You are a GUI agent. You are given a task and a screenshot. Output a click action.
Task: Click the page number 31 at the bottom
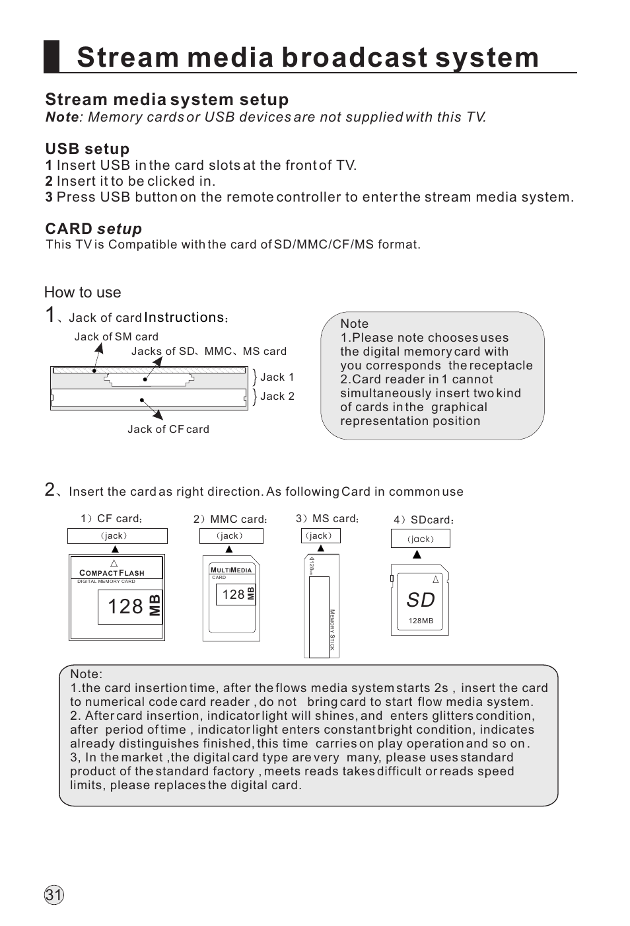click(x=53, y=896)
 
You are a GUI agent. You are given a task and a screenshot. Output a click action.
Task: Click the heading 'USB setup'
click(x=87, y=149)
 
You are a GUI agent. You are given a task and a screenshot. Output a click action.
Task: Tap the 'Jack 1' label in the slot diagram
click(x=277, y=377)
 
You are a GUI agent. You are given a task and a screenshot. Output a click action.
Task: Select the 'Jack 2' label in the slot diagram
click(x=277, y=396)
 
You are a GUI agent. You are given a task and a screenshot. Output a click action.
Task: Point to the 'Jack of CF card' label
click(x=168, y=429)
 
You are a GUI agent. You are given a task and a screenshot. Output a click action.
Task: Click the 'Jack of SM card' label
click(x=116, y=336)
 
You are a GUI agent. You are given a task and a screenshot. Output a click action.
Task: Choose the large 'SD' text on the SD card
click(x=421, y=599)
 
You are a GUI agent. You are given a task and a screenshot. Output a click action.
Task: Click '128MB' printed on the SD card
click(x=421, y=621)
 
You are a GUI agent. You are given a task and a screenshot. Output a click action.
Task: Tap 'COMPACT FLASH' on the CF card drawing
click(x=112, y=573)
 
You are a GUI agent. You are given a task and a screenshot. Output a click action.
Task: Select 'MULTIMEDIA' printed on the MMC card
click(x=231, y=570)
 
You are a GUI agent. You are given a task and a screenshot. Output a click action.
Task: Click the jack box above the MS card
click(x=320, y=535)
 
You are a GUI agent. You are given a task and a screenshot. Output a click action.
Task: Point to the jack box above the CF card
click(x=117, y=536)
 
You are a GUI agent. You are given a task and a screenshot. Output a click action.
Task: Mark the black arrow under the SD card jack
click(x=417, y=555)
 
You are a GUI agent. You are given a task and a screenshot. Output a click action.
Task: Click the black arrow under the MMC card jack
click(x=229, y=549)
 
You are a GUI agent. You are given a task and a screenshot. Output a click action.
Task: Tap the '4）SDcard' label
click(x=423, y=520)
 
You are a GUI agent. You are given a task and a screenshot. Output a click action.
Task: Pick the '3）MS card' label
click(x=327, y=519)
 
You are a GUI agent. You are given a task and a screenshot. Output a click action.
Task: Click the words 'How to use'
click(x=83, y=292)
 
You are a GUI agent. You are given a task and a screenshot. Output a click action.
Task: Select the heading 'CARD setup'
click(x=93, y=229)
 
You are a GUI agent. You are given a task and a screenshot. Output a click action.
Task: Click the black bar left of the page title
click(x=52, y=56)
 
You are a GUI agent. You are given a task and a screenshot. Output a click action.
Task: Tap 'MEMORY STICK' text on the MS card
click(x=332, y=629)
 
